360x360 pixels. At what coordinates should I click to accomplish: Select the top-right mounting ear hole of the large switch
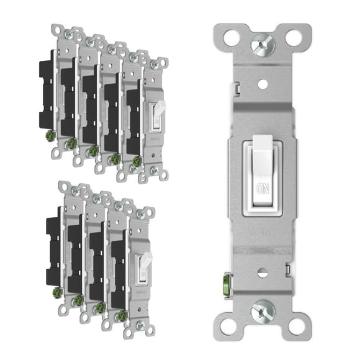(297, 35)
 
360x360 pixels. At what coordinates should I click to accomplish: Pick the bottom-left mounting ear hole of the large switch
(227, 323)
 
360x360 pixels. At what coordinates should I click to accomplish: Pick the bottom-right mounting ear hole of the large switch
(297, 323)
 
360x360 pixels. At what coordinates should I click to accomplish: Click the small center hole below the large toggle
(262, 272)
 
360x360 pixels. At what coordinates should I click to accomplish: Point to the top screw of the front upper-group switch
(154, 63)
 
